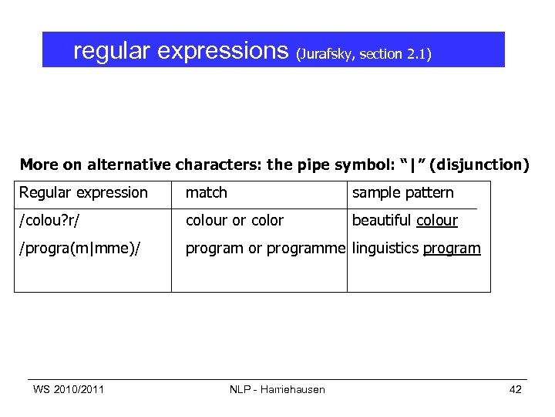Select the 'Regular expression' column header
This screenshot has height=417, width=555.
tap(83, 192)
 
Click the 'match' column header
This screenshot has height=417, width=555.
tap(207, 192)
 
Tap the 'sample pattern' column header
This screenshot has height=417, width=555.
tap(403, 192)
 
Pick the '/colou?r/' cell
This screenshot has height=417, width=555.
tap(52, 221)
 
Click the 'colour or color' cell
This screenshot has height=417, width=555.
tap(234, 221)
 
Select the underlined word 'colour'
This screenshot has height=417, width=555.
tap(437, 221)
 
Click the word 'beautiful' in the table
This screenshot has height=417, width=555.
tap(382, 221)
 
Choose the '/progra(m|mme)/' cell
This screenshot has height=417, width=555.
tap(79, 249)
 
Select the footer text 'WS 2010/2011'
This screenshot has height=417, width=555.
tap(69, 389)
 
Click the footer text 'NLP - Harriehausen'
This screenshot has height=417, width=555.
tap(277, 389)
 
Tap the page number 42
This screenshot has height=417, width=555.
tap(516, 389)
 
